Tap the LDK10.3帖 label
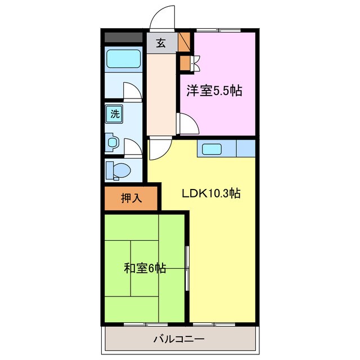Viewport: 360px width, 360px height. coord(211,193)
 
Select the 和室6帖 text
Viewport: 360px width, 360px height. coord(145,268)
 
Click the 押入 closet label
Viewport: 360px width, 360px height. coord(131,198)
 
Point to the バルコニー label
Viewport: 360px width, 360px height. coord(179,339)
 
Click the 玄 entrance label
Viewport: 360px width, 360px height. coord(161,43)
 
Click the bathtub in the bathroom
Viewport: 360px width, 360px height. coord(123,58)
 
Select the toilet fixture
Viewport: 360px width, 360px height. coord(119,169)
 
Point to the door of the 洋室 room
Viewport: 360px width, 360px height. coord(186,122)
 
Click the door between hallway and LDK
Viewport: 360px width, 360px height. coord(158,149)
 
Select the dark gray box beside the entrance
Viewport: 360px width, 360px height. coord(123,38)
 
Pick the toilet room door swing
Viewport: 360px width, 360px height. coord(132,147)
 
